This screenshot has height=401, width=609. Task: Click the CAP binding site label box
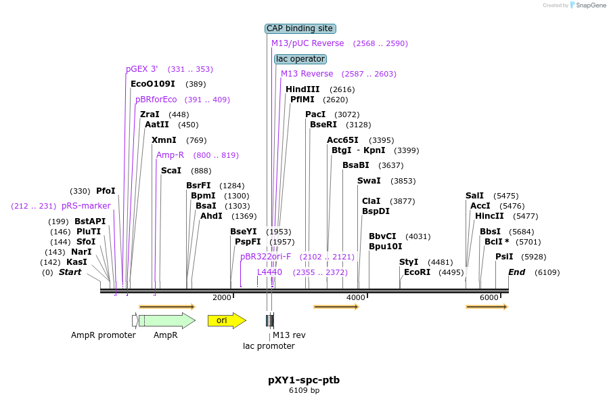pos(300,28)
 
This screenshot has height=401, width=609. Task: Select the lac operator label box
pos(300,59)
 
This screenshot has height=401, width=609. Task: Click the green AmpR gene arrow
pos(166,320)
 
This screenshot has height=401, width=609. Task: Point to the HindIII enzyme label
pos(302,89)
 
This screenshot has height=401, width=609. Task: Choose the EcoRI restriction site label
pos(417,272)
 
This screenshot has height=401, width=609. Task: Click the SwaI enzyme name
pos(369,181)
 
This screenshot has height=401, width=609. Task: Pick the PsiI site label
pos(504,257)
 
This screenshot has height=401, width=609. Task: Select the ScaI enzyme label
pos(171,171)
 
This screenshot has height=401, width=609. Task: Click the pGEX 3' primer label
pos(142,69)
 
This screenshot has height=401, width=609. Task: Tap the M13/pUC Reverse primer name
pos(307,43)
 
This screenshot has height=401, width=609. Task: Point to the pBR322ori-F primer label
pos(265,257)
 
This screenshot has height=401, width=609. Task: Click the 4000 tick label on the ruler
pos(355,297)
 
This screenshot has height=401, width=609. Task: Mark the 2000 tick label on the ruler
pos(221,297)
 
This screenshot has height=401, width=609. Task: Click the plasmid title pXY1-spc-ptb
pos(304,380)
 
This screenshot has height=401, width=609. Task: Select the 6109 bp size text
pos(304,391)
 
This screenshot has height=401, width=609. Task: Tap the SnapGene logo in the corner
pos(586,5)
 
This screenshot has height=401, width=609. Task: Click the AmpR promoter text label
pos(104,335)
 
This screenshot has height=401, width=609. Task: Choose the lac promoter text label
pos(269,346)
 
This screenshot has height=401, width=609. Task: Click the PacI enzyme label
pos(315,114)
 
